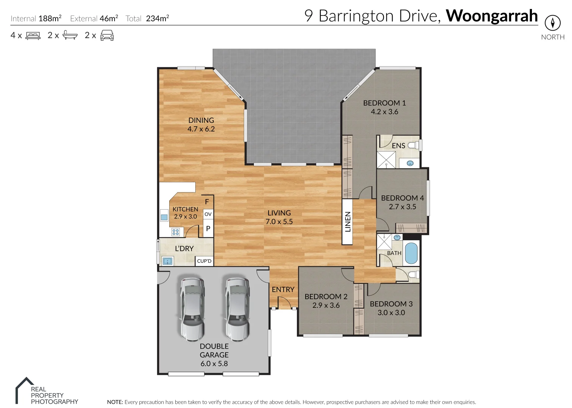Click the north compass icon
(x=552, y=23)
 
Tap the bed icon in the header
(x=33, y=36)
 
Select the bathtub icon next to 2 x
(x=70, y=36)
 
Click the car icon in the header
(x=107, y=36)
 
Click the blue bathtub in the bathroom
(x=411, y=253)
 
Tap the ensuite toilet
(x=413, y=145)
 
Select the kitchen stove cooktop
(x=176, y=232)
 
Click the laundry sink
(x=167, y=261)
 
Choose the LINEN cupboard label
(x=348, y=222)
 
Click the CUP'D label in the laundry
(x=204, y=261)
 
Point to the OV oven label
(x=208, y=214)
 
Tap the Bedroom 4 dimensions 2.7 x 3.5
(x=402, y=207)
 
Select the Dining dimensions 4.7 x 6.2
(x=201, y=129)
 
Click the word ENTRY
(x=283, y=289)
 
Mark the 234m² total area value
(x=157, y=19)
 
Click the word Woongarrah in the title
(x=492, y=16)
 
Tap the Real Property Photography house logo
(x=24, y=390)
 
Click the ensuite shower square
(x=386, y=159)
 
